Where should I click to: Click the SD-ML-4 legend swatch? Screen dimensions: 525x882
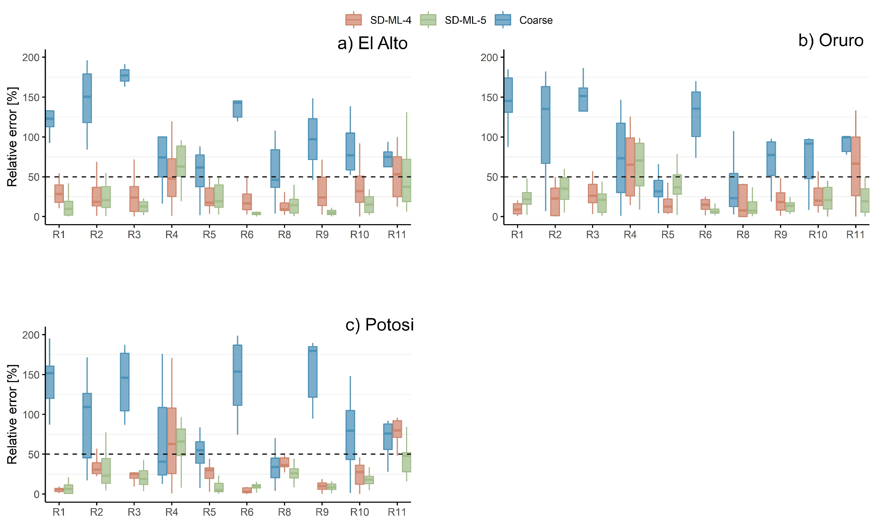(353, 20)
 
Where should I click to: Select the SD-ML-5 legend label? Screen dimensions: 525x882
(465, 20)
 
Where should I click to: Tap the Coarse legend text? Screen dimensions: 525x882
(536, 20)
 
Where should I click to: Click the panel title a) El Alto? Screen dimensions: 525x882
(372, 43)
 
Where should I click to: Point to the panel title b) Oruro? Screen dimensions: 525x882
(831, 40)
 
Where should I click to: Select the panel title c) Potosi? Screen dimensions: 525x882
(379, 325)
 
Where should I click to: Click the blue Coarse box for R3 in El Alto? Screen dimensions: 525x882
(125, 75)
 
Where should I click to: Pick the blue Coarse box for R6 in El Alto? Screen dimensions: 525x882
(237, 109)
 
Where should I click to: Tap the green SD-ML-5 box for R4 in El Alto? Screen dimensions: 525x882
(181, 161)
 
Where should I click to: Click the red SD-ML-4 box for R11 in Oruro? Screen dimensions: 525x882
(855, 166)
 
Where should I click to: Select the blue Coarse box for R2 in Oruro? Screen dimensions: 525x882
(545, 125)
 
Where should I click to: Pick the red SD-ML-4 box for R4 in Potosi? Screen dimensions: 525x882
(172, 440)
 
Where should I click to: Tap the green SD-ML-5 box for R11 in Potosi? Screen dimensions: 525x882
(406, 462)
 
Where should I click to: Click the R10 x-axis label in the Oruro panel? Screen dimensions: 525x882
(817, 235)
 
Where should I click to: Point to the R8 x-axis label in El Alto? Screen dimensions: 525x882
(284, 235)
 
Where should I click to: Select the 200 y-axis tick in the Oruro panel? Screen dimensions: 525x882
(489, 57)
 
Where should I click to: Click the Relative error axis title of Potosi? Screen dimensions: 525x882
(12, 414)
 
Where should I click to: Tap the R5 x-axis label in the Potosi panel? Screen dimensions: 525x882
(209, 512)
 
